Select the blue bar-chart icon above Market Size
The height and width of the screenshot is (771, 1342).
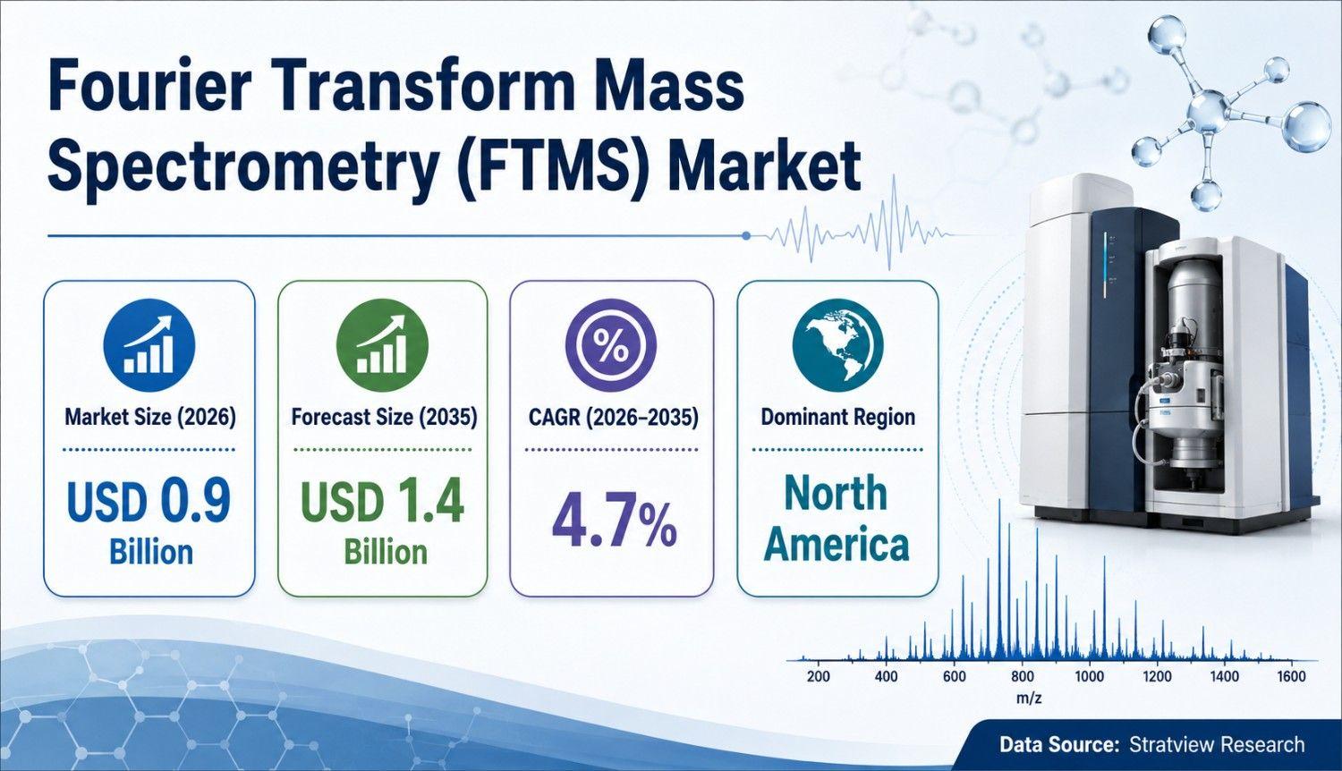[149, 344]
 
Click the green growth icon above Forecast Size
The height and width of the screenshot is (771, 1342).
[383, 344]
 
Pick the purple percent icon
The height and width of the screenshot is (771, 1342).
[611, 344]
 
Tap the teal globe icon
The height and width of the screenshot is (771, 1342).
[837, 344]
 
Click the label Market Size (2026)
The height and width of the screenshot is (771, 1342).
[149, 417]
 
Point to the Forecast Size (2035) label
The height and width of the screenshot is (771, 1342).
[384, 417]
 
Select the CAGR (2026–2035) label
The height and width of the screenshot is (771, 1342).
[614, 417]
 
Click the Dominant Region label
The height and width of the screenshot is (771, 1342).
[838, 417]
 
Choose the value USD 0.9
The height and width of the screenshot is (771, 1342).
[149, 501]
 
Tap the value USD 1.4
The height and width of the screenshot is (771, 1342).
[382, 501]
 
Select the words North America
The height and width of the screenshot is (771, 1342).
[837, 519]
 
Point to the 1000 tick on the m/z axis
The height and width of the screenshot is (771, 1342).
[1090, 676]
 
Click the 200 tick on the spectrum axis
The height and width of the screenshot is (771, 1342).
[819, 676]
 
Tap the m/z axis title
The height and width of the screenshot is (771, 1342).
[1029, 699]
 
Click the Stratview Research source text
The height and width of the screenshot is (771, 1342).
[1217, 745]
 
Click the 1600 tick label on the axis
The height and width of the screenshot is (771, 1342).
[1291, 676]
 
